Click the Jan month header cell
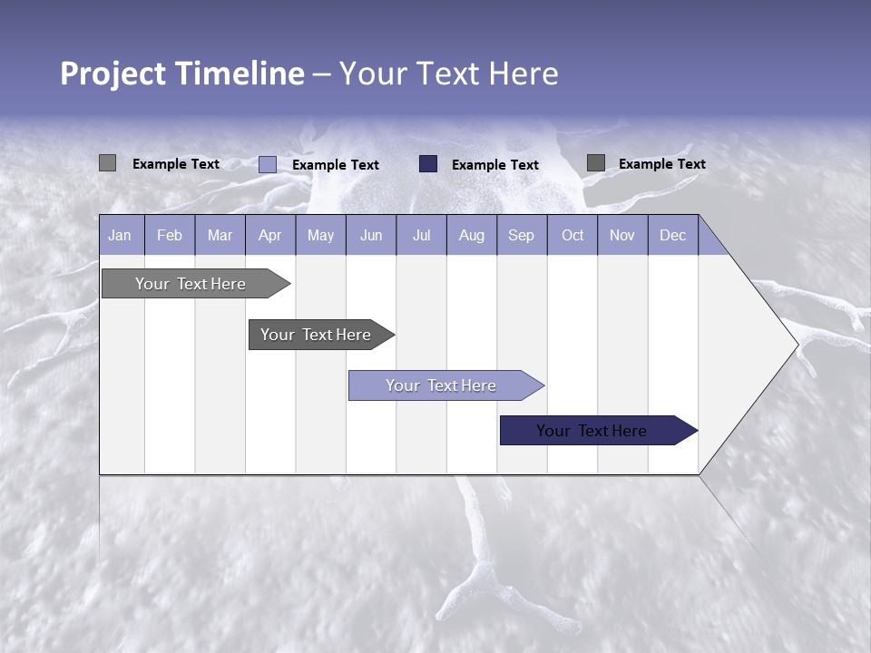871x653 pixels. [120, 235]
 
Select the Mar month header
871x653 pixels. [220, 235]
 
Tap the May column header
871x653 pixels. [320, 235]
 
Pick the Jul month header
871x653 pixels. [421, 235]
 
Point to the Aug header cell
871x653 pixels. [471, 235]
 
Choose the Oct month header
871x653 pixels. [573, 235]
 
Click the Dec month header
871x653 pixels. [672, 235]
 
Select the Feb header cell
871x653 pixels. [170, 235]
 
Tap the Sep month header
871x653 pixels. [521, 235]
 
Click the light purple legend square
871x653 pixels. [268, 164]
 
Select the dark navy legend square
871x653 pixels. [428, 163]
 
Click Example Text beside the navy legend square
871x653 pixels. [495, 165]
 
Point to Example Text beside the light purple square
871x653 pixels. [336, 165]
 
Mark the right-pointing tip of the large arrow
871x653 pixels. [796, 345]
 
